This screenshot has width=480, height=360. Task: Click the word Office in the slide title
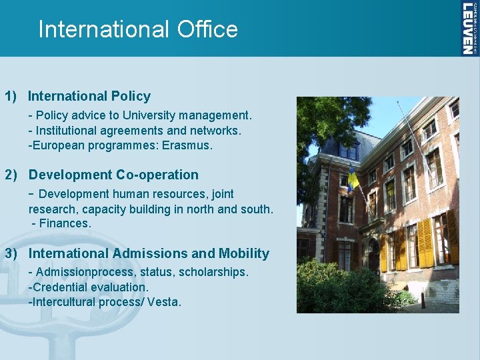point(207,29)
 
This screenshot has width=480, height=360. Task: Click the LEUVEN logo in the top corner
point(469,28)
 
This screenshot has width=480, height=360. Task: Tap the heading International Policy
point(89,97)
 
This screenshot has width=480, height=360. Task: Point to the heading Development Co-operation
point(113,175)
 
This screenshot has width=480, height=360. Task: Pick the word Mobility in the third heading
point(244,253)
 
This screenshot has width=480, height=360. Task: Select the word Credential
point(58,287)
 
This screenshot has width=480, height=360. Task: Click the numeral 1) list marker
point(11,97)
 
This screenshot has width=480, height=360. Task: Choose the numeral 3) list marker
point(11,253)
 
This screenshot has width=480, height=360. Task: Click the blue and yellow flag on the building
point(353,179)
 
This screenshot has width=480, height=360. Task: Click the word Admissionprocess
point(76,272)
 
